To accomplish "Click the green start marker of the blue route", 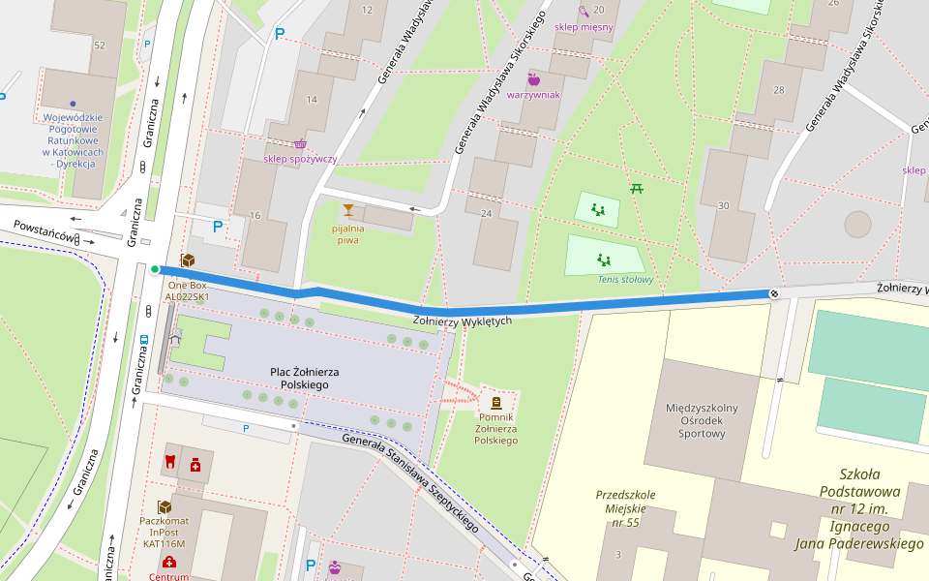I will pos(155,269).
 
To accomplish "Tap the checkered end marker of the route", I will pos(774,293).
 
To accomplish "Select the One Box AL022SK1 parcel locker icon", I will pos(188,261).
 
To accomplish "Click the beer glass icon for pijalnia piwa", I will pos(347,209).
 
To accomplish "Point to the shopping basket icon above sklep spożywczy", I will pos(300,142).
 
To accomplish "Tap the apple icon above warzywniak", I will pos(533,79).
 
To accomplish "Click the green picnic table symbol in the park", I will pos(637,188).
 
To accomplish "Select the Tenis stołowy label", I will pos(625,280).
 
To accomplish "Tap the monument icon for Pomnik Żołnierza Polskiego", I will pos(496,402).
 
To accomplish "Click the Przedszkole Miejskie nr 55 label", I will pos(625,508).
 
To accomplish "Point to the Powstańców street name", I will pos(45,232).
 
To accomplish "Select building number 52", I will pos(100,46).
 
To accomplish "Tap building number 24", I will pos(487,213).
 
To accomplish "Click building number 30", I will pos(724,205).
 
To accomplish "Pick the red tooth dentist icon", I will pos(170,460).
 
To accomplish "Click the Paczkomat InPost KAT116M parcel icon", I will pos(165,507).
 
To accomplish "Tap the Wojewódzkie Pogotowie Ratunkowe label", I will pos(73,140).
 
